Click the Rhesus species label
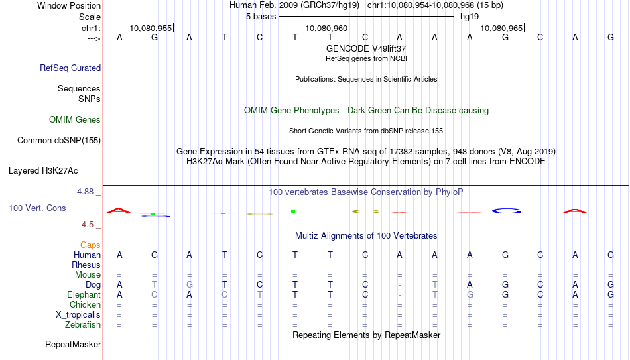coord(86,265)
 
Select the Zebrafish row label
coord(83,324)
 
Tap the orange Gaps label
coord(90,245)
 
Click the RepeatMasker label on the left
coord(73,344)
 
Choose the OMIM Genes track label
coord(75,120)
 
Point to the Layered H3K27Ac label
coord(43,171)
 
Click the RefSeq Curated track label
coord(70,68)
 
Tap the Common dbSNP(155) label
coord(59,141)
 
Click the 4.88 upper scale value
coord(85,192)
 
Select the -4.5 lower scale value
coord(86,225)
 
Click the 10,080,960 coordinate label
coord(326,28)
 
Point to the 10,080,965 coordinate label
coord(501,28)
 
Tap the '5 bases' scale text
coord(261,17)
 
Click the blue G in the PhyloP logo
coord(506,211)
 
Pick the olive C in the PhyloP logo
coord(365,211)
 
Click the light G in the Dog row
coord(190,285)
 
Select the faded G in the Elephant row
coord(470,295)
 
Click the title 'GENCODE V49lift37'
coord(366,48)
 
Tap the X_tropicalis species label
coord(78,315)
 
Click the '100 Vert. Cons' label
coord(37,208)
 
